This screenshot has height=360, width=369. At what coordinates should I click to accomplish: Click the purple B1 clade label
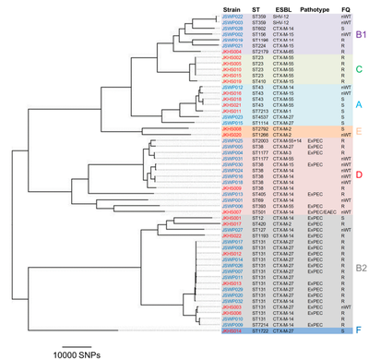click(x=359, y=34)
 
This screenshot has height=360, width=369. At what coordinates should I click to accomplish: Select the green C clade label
click(x=359, y=69)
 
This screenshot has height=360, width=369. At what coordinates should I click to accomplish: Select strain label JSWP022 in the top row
click(x=231, y=17)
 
